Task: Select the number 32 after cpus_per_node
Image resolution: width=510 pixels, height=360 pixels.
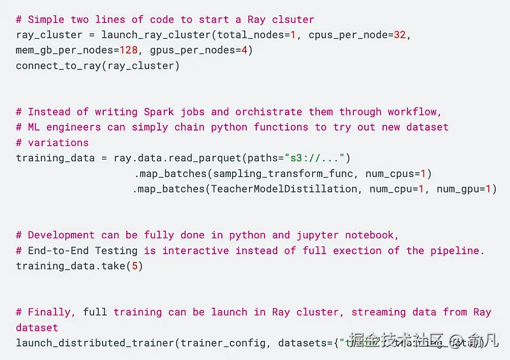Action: (398, 34)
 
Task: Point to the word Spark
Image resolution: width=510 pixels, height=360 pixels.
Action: (159, 112)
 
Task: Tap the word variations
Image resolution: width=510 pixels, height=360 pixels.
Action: (58, 142)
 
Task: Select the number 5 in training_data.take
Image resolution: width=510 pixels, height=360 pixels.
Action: (134, 266)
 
